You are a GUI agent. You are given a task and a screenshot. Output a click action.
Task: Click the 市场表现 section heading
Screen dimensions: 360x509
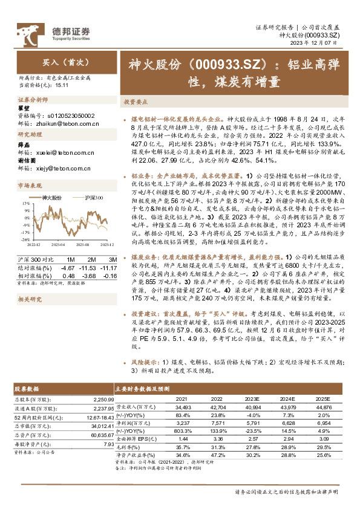[31, 185]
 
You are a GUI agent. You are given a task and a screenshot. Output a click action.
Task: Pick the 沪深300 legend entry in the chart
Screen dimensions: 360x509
[94, 198]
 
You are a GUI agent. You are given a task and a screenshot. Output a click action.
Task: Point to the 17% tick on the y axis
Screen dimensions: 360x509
[25, 204]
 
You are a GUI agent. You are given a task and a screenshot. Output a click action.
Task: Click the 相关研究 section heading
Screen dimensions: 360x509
[31, 299]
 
